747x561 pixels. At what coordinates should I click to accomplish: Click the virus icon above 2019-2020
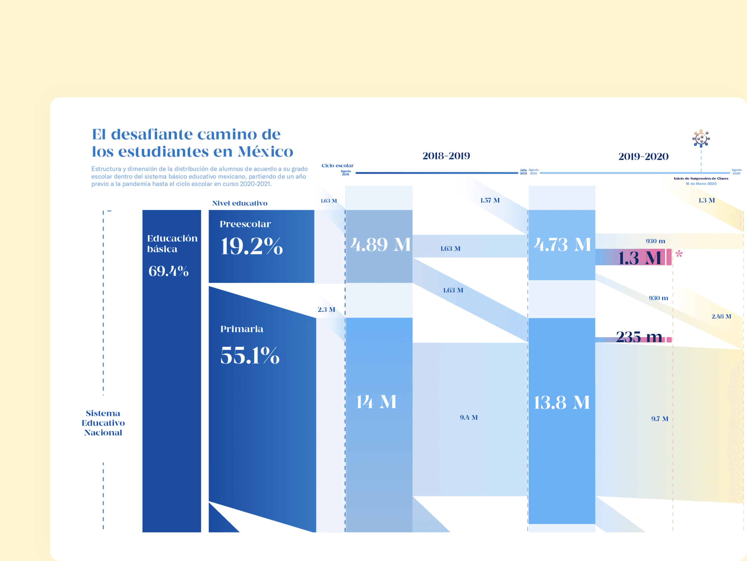click(x=701, y=139)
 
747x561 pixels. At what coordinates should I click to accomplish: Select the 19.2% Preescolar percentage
click(x=251, y=246)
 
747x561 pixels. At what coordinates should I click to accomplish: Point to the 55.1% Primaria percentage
click(x=250, y=355)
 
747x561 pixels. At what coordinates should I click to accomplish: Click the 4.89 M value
click(x=380, y=244)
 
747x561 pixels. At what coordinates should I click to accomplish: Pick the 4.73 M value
click(x=562, y=244)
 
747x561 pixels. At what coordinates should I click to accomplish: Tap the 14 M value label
click(x=376, y=402)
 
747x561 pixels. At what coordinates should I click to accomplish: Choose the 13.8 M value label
click(x=562, y=403)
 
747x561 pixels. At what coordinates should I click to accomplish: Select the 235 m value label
click(x=639, y=337)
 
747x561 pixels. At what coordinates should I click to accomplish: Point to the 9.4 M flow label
click(x=469, y=418)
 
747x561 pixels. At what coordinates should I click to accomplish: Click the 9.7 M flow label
click(x=659, y=419)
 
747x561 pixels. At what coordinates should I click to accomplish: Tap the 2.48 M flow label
click(x=721, y=317)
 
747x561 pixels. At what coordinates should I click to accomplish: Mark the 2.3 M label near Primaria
click(x=326, y=310)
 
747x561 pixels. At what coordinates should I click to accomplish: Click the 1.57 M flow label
click(x=490, y=201)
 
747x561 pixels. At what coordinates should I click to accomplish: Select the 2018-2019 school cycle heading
click(x=446, y=156)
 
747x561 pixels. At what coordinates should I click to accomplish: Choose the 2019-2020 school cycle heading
click(x=643, y=156)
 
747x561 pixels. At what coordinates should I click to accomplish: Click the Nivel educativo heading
click(x=240, y=203)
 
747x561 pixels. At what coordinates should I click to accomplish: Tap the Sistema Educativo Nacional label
click(x=103, y=423)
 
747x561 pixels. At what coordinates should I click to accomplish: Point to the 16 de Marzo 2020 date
click(x=701, y=184)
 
